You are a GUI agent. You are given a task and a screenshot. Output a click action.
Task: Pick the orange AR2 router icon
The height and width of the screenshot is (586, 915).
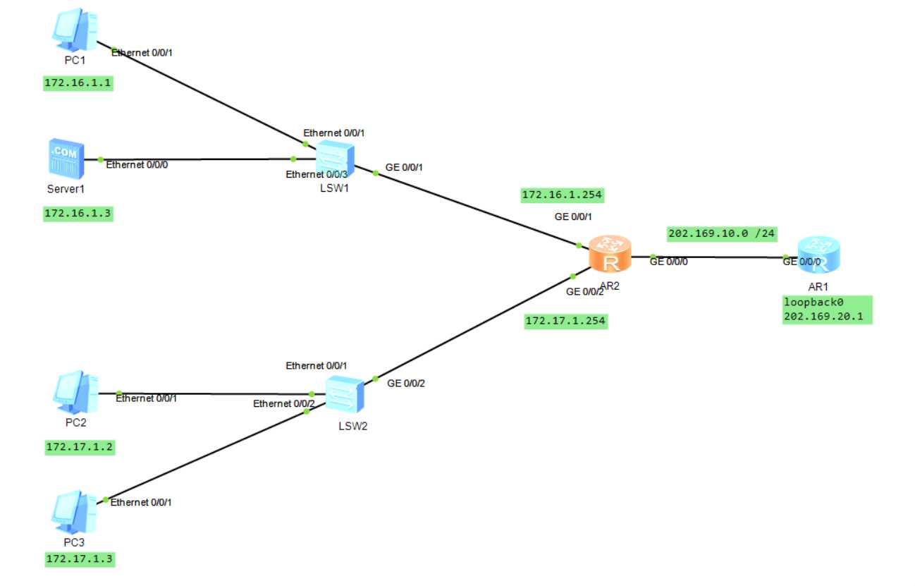609,257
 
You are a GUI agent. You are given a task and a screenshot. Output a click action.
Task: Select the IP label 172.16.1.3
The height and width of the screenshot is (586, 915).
78,213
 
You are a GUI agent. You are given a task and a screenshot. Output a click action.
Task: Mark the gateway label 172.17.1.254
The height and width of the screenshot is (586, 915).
566,322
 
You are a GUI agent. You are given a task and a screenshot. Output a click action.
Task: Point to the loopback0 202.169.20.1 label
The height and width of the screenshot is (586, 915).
827,310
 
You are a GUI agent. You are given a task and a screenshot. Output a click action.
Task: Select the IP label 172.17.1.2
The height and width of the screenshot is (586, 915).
79,446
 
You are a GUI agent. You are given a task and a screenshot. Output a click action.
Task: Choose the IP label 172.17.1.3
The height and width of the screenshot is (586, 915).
79,559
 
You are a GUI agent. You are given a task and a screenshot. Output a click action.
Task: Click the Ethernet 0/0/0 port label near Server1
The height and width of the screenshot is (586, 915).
137,165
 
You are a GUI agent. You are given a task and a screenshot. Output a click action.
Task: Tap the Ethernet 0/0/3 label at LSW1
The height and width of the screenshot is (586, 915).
317,174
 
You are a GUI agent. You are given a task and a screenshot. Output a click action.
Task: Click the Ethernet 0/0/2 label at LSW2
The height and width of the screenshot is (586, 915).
284,403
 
